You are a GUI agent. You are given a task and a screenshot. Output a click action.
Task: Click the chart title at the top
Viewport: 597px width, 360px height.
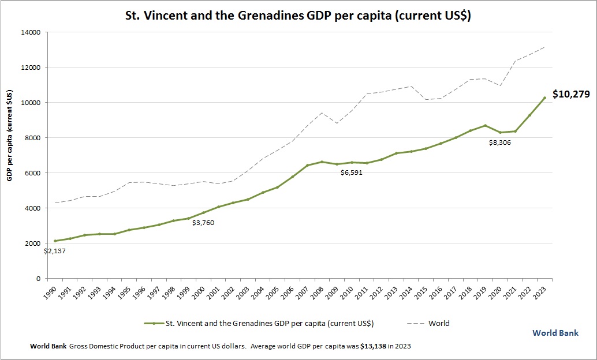pyautogui.click(x=298, y=16)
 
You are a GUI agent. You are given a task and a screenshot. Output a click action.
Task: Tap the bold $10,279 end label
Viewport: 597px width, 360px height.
pyautogui.click(x=571, y=94)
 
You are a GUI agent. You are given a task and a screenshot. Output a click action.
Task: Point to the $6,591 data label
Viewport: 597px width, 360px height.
pyautogui.click(x=352, y=172)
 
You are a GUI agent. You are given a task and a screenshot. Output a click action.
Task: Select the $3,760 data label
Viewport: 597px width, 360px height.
pyautogui.click(x=203, y=223)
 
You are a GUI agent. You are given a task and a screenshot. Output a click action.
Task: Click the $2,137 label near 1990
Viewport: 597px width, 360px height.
pyautogui.click(x=55, y=251)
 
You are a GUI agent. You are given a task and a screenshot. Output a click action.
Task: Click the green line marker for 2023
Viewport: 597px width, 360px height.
pyautogui.click(x=544, y=98)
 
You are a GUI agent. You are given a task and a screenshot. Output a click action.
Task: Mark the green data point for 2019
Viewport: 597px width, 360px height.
pyautogui.click(x=486, y=125)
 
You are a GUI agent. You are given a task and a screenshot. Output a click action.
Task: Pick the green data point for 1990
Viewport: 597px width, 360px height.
pyautogui.click(x=55, y=241)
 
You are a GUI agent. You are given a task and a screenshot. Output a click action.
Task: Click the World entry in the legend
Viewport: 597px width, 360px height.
pyautogui.click(x=439, y=323)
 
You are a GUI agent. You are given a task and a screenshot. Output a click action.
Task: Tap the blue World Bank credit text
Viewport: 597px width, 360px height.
pyautogui.click(x=555, y=333)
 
